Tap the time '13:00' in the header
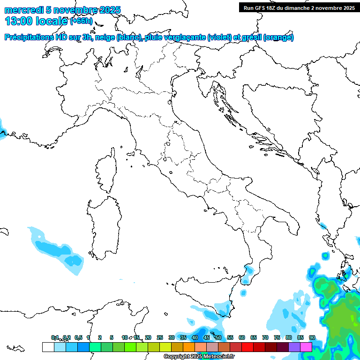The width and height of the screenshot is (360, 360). [x=18, y=22]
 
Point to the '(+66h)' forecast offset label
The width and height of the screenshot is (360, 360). [x=82, y=22]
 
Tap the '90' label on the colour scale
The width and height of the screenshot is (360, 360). [x=312, y=337]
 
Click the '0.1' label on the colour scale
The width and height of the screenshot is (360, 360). [x=55, y=337]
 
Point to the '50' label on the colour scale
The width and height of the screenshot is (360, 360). [x=218, y=337]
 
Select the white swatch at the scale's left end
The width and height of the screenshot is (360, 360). [x=48, y=347]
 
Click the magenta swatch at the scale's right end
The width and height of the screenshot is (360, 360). [x=306, y=347]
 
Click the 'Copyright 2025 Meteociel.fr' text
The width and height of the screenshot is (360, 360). [x=199, y=357]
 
